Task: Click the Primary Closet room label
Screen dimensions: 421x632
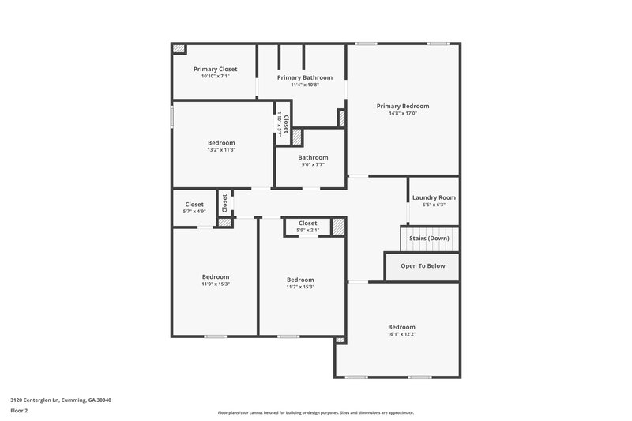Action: point(216,69)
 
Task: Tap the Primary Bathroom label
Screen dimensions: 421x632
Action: point(304,77)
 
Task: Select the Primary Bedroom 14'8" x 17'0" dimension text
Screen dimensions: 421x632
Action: point(402,113)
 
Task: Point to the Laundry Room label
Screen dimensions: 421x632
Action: point(434,197)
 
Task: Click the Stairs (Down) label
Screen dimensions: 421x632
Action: point(429,238)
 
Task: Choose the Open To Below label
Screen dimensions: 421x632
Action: point(423,266)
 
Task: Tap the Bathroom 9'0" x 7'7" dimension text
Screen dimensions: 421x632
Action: point(313,164)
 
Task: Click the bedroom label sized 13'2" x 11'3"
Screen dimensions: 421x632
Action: point(221,143)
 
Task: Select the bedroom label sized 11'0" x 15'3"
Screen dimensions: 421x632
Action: point(216,276)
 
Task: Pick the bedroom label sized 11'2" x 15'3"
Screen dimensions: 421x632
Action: point(300,280)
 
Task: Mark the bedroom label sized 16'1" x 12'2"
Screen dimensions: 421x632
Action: point(401,327)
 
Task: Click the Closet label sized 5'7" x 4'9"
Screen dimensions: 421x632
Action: point(194,205)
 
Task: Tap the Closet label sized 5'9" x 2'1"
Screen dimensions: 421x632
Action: point(307,224)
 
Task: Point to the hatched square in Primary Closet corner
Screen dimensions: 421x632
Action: point(179,49)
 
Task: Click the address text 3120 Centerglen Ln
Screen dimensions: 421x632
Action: point(61,400)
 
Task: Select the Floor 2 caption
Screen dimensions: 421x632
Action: point(19,411)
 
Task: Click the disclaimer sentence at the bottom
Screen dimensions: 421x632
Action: point(316,412)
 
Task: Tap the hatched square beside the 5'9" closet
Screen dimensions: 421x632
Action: point(338,227)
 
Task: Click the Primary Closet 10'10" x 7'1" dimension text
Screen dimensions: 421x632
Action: point(216,77)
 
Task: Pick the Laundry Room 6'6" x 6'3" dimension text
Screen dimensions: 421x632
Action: point(434,205)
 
